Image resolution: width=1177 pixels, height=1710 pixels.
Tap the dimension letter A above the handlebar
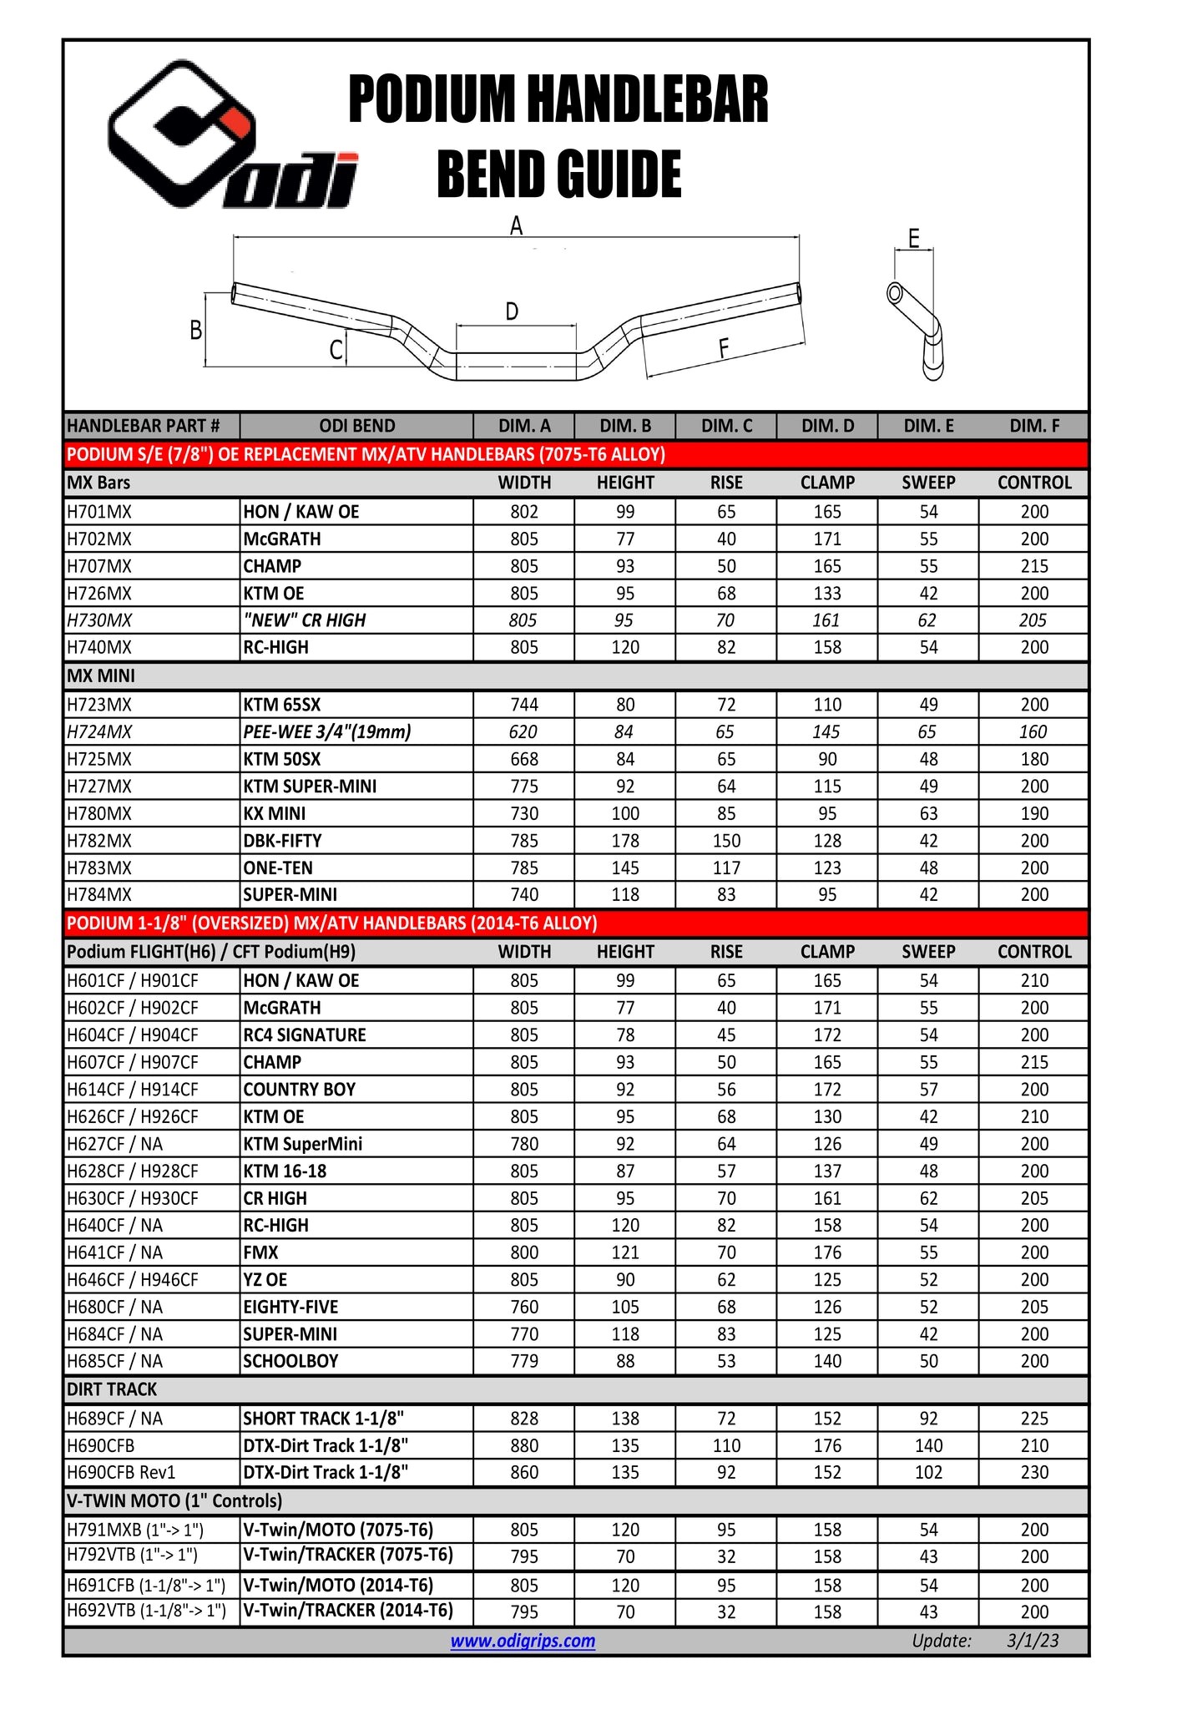point(517,225)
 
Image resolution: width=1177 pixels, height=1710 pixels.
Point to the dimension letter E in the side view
point(914,239)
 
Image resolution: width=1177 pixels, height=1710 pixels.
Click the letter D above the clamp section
point(512,312)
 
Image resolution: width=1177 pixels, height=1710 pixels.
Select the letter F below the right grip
point(723,348)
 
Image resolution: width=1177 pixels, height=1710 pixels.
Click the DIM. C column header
point(726,426)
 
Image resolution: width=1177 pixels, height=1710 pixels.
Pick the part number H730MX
point(99,620)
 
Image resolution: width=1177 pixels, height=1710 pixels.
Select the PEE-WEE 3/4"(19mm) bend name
point(326,732)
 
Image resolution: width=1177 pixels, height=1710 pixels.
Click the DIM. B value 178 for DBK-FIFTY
point(625,841)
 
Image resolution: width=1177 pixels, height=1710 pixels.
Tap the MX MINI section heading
point(101,676)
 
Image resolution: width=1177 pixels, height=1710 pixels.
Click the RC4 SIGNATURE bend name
point(305,1035)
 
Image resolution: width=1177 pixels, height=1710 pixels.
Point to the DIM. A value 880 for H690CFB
point(524,1446)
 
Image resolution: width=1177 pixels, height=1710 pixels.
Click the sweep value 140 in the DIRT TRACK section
point(928,1446)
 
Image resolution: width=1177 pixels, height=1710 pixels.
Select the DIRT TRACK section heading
point(112,1389)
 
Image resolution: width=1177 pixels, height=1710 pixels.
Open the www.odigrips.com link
point(523,1641)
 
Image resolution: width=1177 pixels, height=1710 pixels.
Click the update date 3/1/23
point(1033,1641)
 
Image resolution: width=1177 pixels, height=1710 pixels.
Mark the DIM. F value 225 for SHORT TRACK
point(1034,1419)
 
